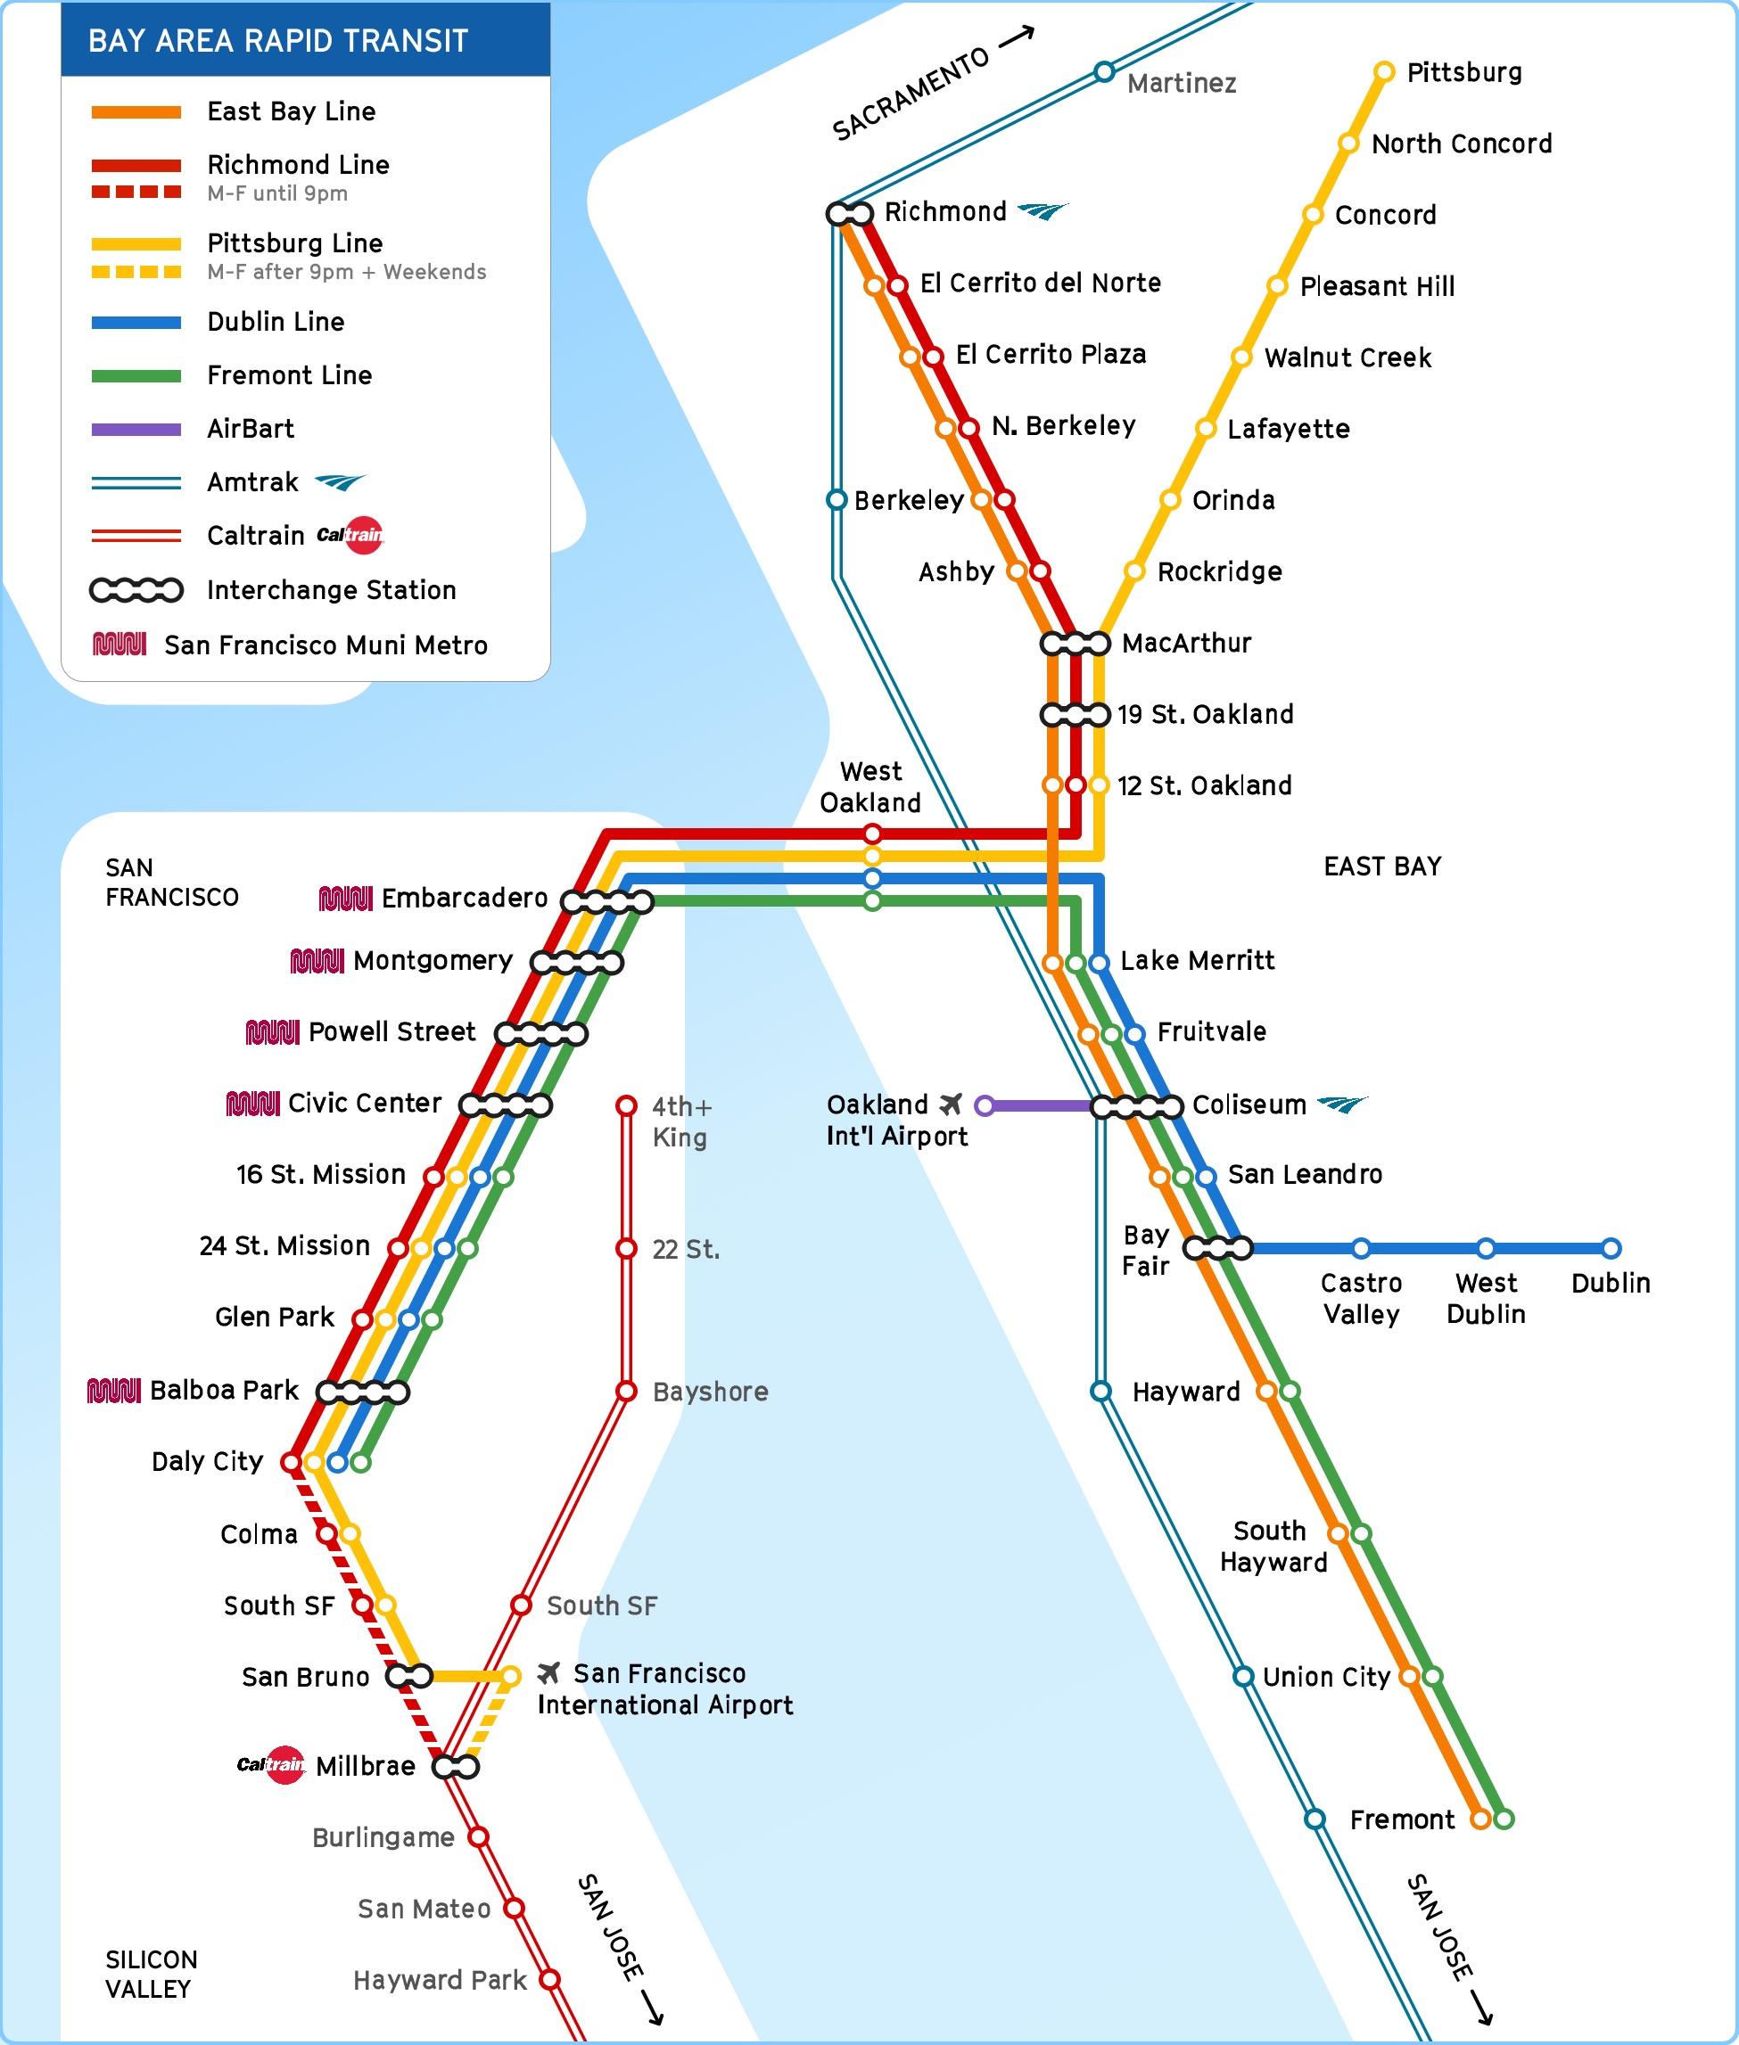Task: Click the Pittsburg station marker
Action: [x=1384, y=72]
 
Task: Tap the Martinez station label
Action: [x=1181, y=84]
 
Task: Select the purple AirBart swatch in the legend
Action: [x=136, y=430]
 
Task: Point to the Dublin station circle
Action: [x=1611, y=1249]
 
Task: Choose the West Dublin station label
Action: [x=1486, y=1298]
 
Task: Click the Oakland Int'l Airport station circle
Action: [x=984, y=1105]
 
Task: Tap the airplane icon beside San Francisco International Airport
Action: [x=549, y=1672]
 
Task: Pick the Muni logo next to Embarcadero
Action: [x=345, y=899]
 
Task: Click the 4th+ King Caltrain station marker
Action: [x=626, y=1105]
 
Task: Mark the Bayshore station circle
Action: [x=626, y=1392]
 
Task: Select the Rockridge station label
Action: [x=1219, y=571]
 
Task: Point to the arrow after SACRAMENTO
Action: [x=1018, y=37]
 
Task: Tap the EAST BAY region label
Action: [x=1382, y=866]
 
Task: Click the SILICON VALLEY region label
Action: [x=151, y=1974]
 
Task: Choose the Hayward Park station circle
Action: [x=550, y=1979]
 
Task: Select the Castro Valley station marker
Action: [x=1362, y=1249]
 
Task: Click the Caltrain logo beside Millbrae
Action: [x=271, y=1764]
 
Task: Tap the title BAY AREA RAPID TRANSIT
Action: [x=278, y=41]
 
